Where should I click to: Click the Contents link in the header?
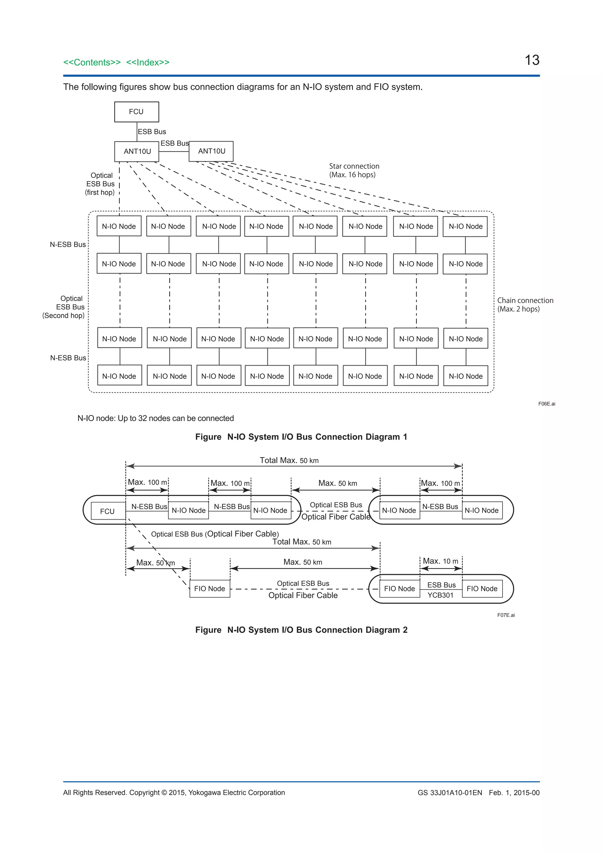[x=92, y=62]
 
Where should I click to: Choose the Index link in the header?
[x=148, y=62]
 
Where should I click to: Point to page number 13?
[x=532, y=60]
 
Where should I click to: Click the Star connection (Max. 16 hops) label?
[x=354, y=171]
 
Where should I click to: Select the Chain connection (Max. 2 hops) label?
[x=525, y=305]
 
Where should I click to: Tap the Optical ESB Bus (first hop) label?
[x=100, y=184]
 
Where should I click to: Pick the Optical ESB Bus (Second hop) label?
[x=64, y=307]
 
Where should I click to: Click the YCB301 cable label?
[x=440, y=595]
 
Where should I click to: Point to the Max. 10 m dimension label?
[x=440, y=561]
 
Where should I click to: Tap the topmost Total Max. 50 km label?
[x=289, y=461]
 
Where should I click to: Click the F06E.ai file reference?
[x=546, y=404]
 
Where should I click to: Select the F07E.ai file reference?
[x=506, y=615]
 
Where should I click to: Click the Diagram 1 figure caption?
[x=301, y=437]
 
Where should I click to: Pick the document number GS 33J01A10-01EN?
[x=450, y=793]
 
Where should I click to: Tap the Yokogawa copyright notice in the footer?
[x=174, y=793]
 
